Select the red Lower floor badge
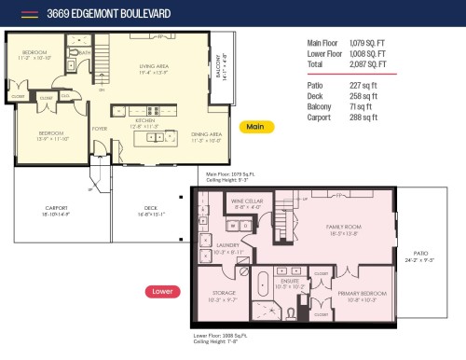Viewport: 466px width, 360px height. tap(161, 291)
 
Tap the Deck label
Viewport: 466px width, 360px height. tap(150, 210)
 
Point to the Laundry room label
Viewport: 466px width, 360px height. tap(227, 248)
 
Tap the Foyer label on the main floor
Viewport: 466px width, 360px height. tap(100, 130)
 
